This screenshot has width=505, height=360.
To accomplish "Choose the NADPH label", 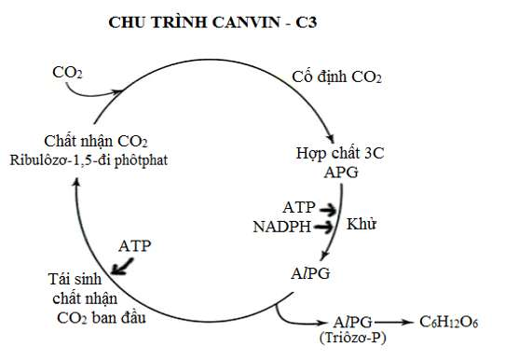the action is click(x=283, y=226).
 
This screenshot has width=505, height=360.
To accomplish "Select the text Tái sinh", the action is click(x=75, y=280).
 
